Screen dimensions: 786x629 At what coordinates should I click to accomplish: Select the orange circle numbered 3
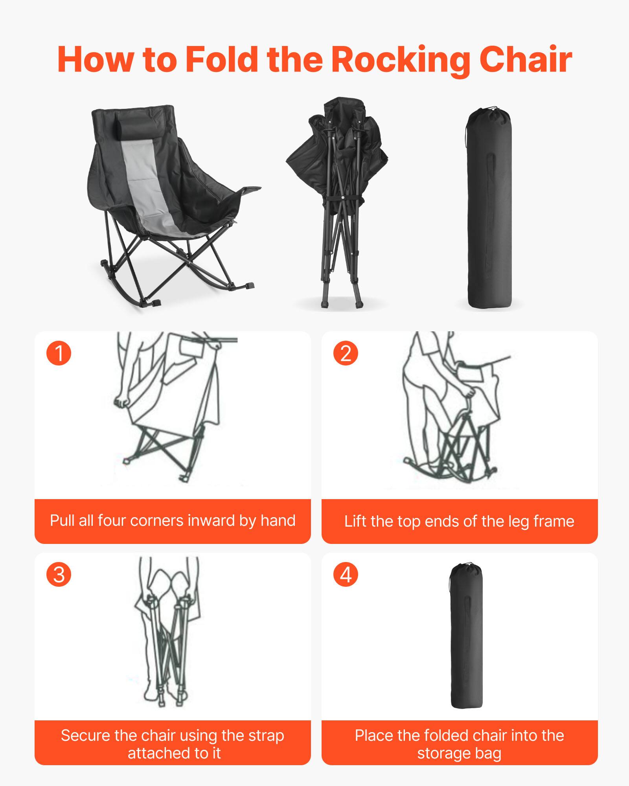(59, 575)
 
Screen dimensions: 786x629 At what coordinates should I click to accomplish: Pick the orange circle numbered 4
(346, 575)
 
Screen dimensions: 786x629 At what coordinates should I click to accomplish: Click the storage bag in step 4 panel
(466, 645)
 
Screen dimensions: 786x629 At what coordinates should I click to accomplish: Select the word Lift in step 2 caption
(355, 522)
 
